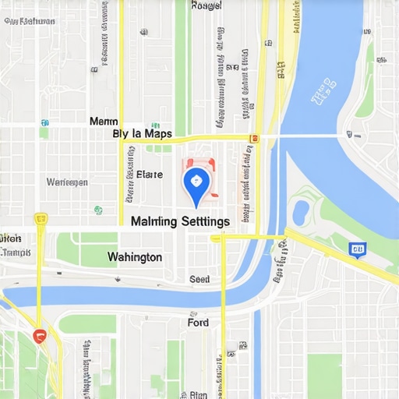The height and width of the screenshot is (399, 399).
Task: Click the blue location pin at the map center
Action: click(196, 184)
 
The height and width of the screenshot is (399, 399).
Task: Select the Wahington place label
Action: click(135, 256)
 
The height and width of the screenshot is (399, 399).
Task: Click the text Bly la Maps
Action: click(143, 133)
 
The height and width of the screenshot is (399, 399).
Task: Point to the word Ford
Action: click(198, 322)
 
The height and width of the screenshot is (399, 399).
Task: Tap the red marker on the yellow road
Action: click(41, 335)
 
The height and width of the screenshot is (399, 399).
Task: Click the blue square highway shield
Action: click(358, 249)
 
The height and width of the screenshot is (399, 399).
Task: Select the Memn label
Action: click(104, 122)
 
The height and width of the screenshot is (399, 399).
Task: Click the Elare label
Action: click(150, 175)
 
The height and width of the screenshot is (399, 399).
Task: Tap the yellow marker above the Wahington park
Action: click(41, 219)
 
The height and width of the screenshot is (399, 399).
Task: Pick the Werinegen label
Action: click(67, 182)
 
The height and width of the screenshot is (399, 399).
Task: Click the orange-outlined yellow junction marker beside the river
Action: click(253, 138)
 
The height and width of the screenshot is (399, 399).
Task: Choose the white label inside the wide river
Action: click(321, 96)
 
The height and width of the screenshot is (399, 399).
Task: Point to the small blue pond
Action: click(300, 212)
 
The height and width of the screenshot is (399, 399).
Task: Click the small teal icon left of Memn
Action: click(44, 122)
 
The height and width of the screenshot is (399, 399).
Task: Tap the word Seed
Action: click(199, 279)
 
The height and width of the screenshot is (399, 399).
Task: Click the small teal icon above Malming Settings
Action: click(98, 210)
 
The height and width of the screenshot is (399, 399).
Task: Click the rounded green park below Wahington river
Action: click(87, 323)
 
